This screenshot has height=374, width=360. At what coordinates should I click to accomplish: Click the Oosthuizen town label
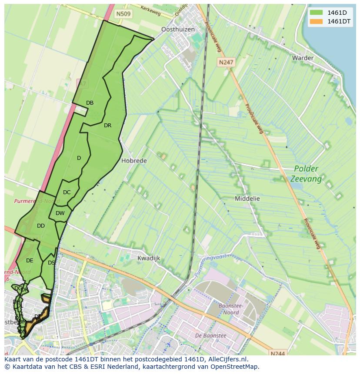(x=178, y=30)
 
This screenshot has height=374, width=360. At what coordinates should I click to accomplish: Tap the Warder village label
(x=303, y=58)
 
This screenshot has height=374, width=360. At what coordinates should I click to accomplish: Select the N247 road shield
(x=226, y=62)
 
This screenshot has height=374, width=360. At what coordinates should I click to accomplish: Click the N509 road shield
(x=123, y=14)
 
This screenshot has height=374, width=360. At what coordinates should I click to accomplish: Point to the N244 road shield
(x=277, y=354)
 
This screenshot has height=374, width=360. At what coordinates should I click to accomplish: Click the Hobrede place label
(x=134, y=160)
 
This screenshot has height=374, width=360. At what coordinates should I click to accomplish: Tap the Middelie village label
(x=247, y=199)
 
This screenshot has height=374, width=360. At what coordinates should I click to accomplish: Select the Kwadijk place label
(x=149, y=258)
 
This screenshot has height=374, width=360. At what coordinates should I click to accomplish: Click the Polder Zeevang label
(x=306, y=174)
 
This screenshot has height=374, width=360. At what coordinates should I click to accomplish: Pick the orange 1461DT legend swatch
(x=317, y=21)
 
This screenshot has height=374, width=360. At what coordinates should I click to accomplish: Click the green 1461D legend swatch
(x=317, y=13)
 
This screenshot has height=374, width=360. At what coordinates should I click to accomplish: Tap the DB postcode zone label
(x=90, y=103)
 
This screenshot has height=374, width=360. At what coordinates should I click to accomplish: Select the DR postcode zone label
(x=107, y=126)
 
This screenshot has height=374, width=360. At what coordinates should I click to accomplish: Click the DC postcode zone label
(x=67, y=192)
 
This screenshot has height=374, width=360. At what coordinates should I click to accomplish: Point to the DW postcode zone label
(x=60, y=213)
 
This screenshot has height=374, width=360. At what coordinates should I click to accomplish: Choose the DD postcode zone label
(x=41, y=226)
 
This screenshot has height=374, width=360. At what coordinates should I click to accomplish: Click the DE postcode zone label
(x=30, y=261)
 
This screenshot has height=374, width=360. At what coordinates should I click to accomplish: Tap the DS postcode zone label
(x=51, y=263)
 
